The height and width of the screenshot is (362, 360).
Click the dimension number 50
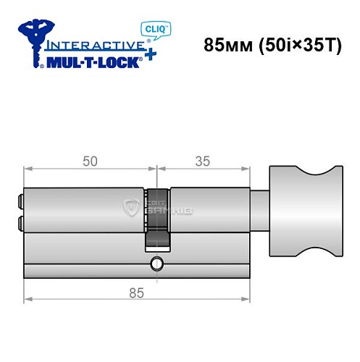pyautogui.click(x=90, y=162)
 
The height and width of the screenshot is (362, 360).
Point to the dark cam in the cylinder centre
pyautogui.click(x=157, y=217)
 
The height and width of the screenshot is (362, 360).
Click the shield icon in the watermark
pyautogui.click(x=133, y=209)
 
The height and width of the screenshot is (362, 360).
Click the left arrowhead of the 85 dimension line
pyautogui.click(x=28, y=298)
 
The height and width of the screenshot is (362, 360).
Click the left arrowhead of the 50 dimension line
pyautogui.click(x=28, y=169)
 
